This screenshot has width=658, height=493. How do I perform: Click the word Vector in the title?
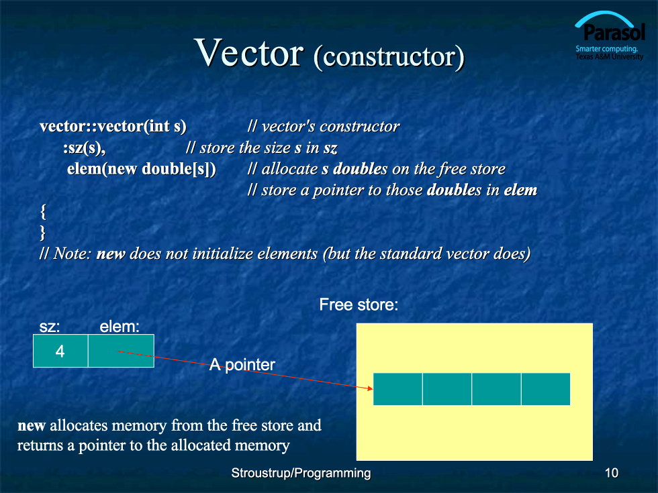249,52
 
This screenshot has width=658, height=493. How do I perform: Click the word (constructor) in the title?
389,56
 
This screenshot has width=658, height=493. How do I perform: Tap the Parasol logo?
610,36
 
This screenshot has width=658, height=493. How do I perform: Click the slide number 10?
612,473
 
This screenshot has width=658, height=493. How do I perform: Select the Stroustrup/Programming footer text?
301,473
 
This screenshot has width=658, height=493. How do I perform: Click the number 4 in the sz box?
60,351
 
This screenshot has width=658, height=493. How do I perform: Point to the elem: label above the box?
120,327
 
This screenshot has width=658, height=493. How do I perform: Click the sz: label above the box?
50,327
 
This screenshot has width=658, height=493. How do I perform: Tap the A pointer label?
242,364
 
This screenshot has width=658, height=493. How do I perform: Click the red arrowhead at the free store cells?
370,388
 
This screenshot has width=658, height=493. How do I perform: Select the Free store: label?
359,305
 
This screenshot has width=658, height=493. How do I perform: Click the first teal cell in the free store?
397,389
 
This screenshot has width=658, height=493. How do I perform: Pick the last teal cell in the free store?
545,389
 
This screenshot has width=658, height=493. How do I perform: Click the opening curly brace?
43,212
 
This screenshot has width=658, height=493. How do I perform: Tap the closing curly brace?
42,232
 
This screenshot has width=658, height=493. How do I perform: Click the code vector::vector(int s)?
113,126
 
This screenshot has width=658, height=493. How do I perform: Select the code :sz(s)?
85,148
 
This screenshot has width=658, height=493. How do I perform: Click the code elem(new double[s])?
142,169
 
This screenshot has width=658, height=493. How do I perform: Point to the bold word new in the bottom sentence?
32,426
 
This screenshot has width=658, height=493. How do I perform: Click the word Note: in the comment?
73,254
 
